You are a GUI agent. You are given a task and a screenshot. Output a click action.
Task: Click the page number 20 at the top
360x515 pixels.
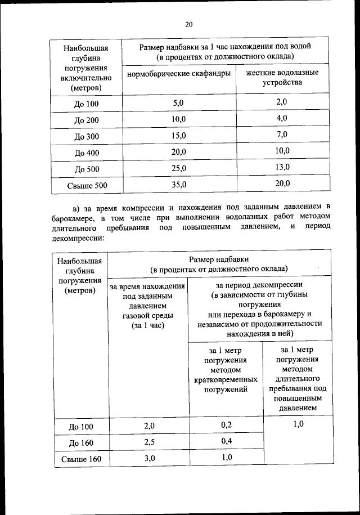point(188,24)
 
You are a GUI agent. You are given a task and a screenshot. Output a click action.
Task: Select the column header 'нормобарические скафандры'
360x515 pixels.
point(178,74)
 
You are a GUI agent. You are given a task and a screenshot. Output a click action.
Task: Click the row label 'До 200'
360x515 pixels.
point(86,120)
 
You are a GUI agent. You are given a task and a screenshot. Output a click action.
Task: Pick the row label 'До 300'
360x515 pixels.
point(86,137)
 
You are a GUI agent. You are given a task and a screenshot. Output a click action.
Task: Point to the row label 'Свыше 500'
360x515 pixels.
point(86,185)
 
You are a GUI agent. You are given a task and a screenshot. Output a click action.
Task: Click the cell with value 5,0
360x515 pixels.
point(178,103)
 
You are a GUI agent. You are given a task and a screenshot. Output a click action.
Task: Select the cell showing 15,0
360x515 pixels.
point(178,136)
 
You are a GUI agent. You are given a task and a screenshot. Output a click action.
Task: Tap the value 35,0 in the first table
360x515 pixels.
point(178,184)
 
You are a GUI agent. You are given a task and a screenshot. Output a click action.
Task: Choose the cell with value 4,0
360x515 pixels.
point(282,118)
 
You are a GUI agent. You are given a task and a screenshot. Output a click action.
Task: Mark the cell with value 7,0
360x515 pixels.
point(282,135)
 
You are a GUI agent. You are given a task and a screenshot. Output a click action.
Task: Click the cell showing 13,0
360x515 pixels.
point(282,167)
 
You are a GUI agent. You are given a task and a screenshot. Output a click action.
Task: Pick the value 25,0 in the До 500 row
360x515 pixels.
point(178,168)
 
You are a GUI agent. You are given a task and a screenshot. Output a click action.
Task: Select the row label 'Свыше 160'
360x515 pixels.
point(80,460)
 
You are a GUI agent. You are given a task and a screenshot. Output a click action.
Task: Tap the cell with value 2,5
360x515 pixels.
point(149,442)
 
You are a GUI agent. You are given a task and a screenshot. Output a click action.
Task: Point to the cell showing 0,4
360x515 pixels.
point(227,441)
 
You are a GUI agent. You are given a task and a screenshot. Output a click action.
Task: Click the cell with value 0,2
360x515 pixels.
point(227,424)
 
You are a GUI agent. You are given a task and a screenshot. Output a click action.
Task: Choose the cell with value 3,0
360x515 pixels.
point(149,458)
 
